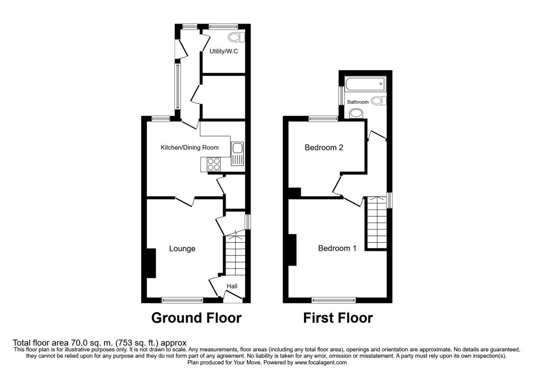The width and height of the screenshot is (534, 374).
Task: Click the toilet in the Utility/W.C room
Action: tap(235, 37)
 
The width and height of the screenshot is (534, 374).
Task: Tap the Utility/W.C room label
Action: tap(224, 52)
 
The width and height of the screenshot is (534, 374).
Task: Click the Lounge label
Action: tap(182, 249)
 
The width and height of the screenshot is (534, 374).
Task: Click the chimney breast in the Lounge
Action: tap(151, 263)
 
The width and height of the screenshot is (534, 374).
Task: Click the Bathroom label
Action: tap(358, 102)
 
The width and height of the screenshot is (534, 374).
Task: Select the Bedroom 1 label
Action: tap(337, 248)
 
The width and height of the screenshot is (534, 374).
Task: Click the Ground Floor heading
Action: tap(196, 318)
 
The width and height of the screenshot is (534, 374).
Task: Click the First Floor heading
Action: tap(338, 318)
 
